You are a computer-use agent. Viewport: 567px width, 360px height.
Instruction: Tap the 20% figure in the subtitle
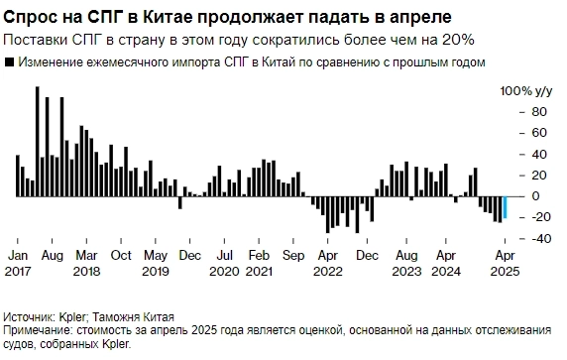455,40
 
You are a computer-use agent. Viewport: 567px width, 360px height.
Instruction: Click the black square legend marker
9,62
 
